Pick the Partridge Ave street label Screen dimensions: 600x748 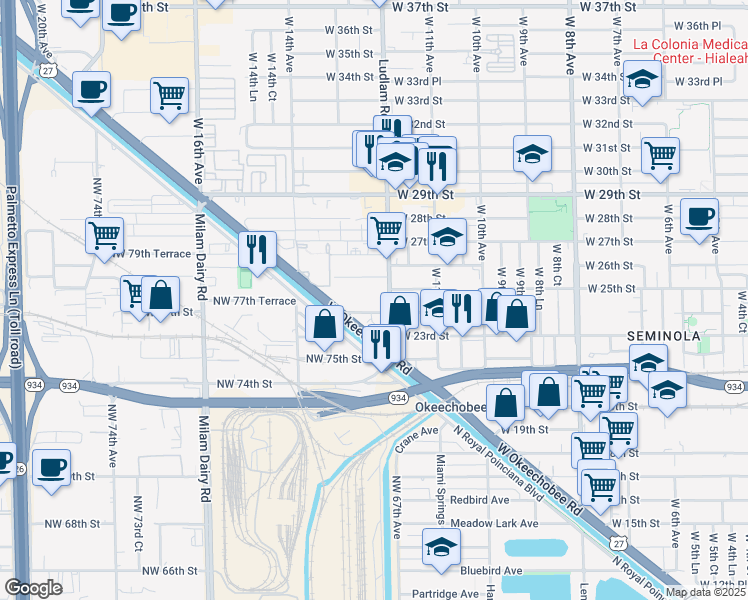point(446,594)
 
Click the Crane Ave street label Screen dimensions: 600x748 point(419,434)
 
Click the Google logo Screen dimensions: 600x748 point(33,588)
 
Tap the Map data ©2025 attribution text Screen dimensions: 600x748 point(706,592)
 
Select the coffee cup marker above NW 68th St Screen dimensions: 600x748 point(51,465)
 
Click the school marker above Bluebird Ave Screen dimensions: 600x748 point(440,546)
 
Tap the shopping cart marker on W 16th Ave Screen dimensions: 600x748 point(170,95)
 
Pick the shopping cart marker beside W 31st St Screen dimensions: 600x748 point(660,154)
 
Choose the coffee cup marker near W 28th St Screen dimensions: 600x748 point(699,215)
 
